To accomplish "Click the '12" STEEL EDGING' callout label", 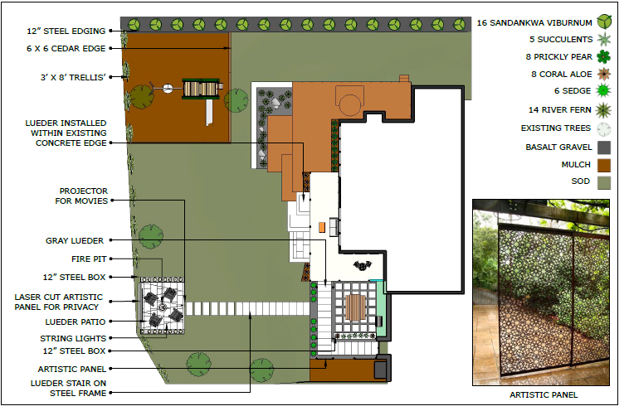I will (x=66, y=31).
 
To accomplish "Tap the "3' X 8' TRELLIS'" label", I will (x=73, y=78).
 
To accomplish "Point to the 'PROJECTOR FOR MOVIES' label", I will (x=83, y=196).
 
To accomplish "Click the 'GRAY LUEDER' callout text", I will (x=75, y=241).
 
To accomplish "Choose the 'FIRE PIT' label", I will (x=87, y=259).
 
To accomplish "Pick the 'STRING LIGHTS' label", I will (x=73, y=338).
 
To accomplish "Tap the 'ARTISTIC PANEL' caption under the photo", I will (x=544, y=395).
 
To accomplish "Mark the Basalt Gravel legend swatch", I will (x=605, y=147).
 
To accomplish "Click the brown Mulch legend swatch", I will (x=605, y=164).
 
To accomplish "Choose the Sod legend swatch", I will (x=605, y=181).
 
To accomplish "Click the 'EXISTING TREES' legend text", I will (x=556, y=128).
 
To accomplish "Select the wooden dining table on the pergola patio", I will (x=354, y=308).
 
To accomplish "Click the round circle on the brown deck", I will (x=349, y=104).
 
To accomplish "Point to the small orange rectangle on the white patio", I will (x=320, y=226).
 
